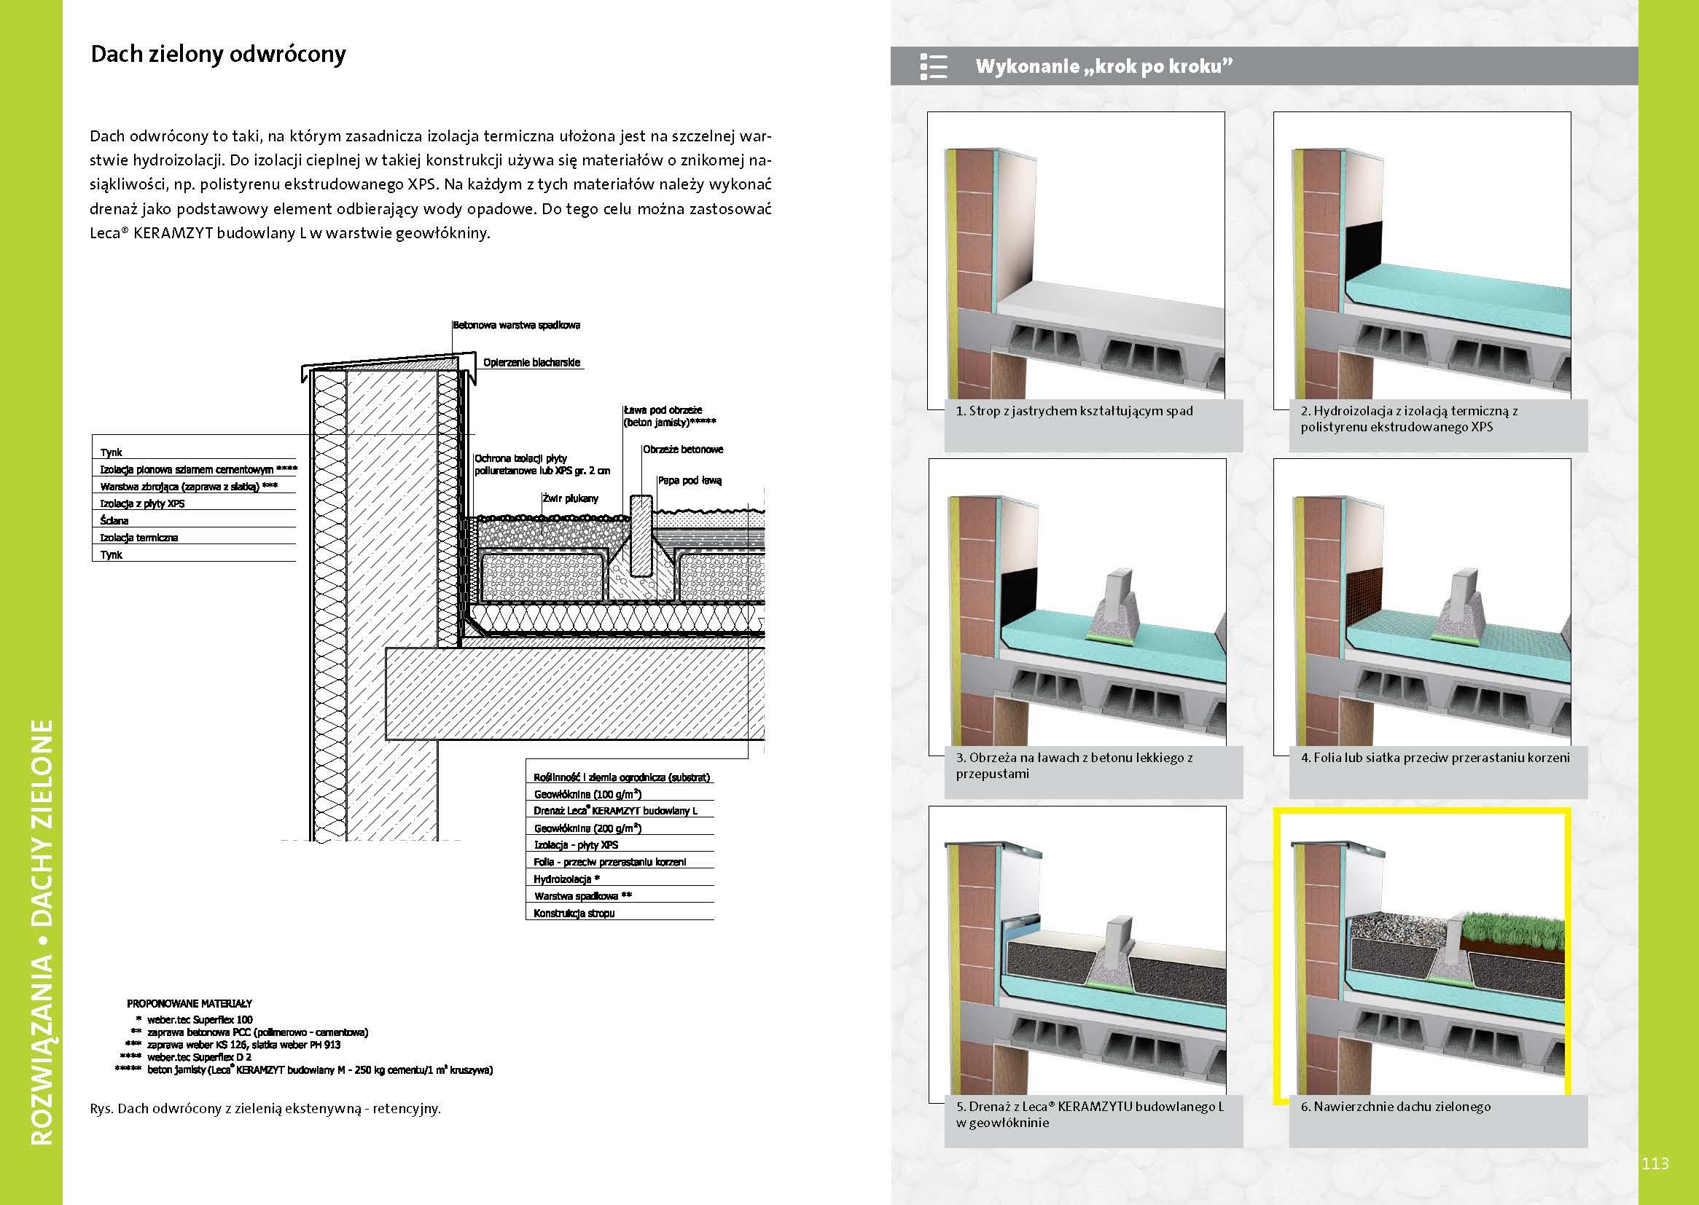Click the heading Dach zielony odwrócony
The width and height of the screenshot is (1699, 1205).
coord(217,55)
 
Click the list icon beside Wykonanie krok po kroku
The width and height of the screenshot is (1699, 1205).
coord(933,66)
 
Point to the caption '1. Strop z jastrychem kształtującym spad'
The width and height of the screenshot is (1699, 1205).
coord(1074,411)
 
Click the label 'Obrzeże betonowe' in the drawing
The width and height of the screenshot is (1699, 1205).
coord(682,450)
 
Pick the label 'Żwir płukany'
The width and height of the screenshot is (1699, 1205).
coord(569,498)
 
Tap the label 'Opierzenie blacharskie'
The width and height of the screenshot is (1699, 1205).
coord(531,363)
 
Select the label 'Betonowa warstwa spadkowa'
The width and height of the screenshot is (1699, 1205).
coord(517,325)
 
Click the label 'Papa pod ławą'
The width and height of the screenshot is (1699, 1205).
coord(690,481)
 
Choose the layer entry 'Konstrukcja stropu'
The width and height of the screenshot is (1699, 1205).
coord(574,914)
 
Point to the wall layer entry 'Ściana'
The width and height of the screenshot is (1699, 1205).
coord(114,520)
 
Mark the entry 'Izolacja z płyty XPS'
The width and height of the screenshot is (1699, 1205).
coord(142,503)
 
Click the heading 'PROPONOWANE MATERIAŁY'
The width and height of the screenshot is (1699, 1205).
coord(190,1003)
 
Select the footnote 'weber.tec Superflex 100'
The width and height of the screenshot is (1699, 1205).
coord(200,1019)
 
